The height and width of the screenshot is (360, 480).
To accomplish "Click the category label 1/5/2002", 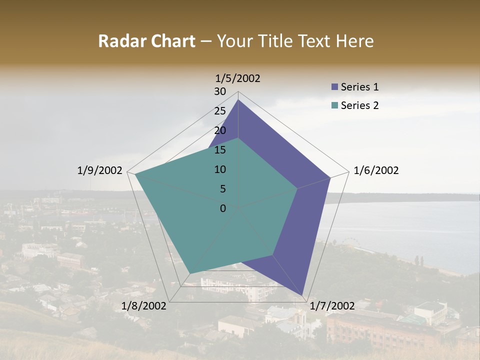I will [237, 78].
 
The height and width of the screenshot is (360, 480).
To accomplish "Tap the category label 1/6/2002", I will [376, 170].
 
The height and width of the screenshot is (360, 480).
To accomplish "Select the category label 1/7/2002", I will [332, 306].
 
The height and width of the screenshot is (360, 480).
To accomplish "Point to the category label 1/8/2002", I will [144, 306].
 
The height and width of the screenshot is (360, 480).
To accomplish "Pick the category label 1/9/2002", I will [99, 170].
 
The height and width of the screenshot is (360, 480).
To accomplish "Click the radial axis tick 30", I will [220, 91].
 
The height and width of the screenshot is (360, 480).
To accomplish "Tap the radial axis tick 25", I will [220, 111].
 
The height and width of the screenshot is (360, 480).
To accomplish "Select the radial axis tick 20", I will [220, 130].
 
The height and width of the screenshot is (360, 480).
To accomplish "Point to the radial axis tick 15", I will [220, 150].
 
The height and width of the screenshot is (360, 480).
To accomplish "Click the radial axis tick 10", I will [220, 169].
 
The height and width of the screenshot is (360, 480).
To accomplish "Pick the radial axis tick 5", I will [222, 189].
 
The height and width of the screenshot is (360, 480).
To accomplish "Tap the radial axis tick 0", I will [223, 208].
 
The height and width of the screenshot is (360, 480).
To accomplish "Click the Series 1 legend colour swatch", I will [334, 87].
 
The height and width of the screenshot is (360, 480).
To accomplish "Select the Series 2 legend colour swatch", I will [334, 105].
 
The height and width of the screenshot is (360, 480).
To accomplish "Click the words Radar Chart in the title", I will [146, 41].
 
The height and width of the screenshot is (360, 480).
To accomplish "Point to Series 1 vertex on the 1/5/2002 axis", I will [238, 99].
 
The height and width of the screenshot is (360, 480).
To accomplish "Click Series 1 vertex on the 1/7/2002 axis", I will [302, 295].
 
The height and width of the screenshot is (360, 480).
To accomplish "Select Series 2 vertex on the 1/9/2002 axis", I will [135, 174].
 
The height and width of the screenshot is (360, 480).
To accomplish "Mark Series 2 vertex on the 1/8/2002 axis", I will [189, 273].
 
